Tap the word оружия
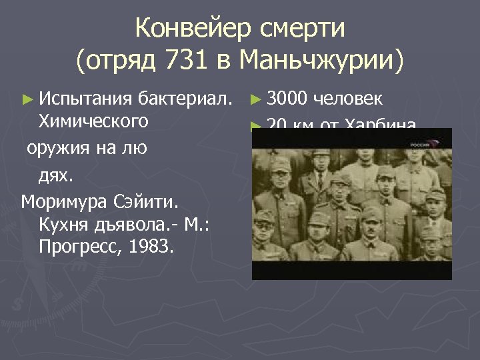(x=56, y=147)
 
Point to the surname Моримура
(x=67, y=201)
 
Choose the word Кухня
(x=65, y=224)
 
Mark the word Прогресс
(x=78, y=247)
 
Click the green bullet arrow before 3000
(x=255, y=101)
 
